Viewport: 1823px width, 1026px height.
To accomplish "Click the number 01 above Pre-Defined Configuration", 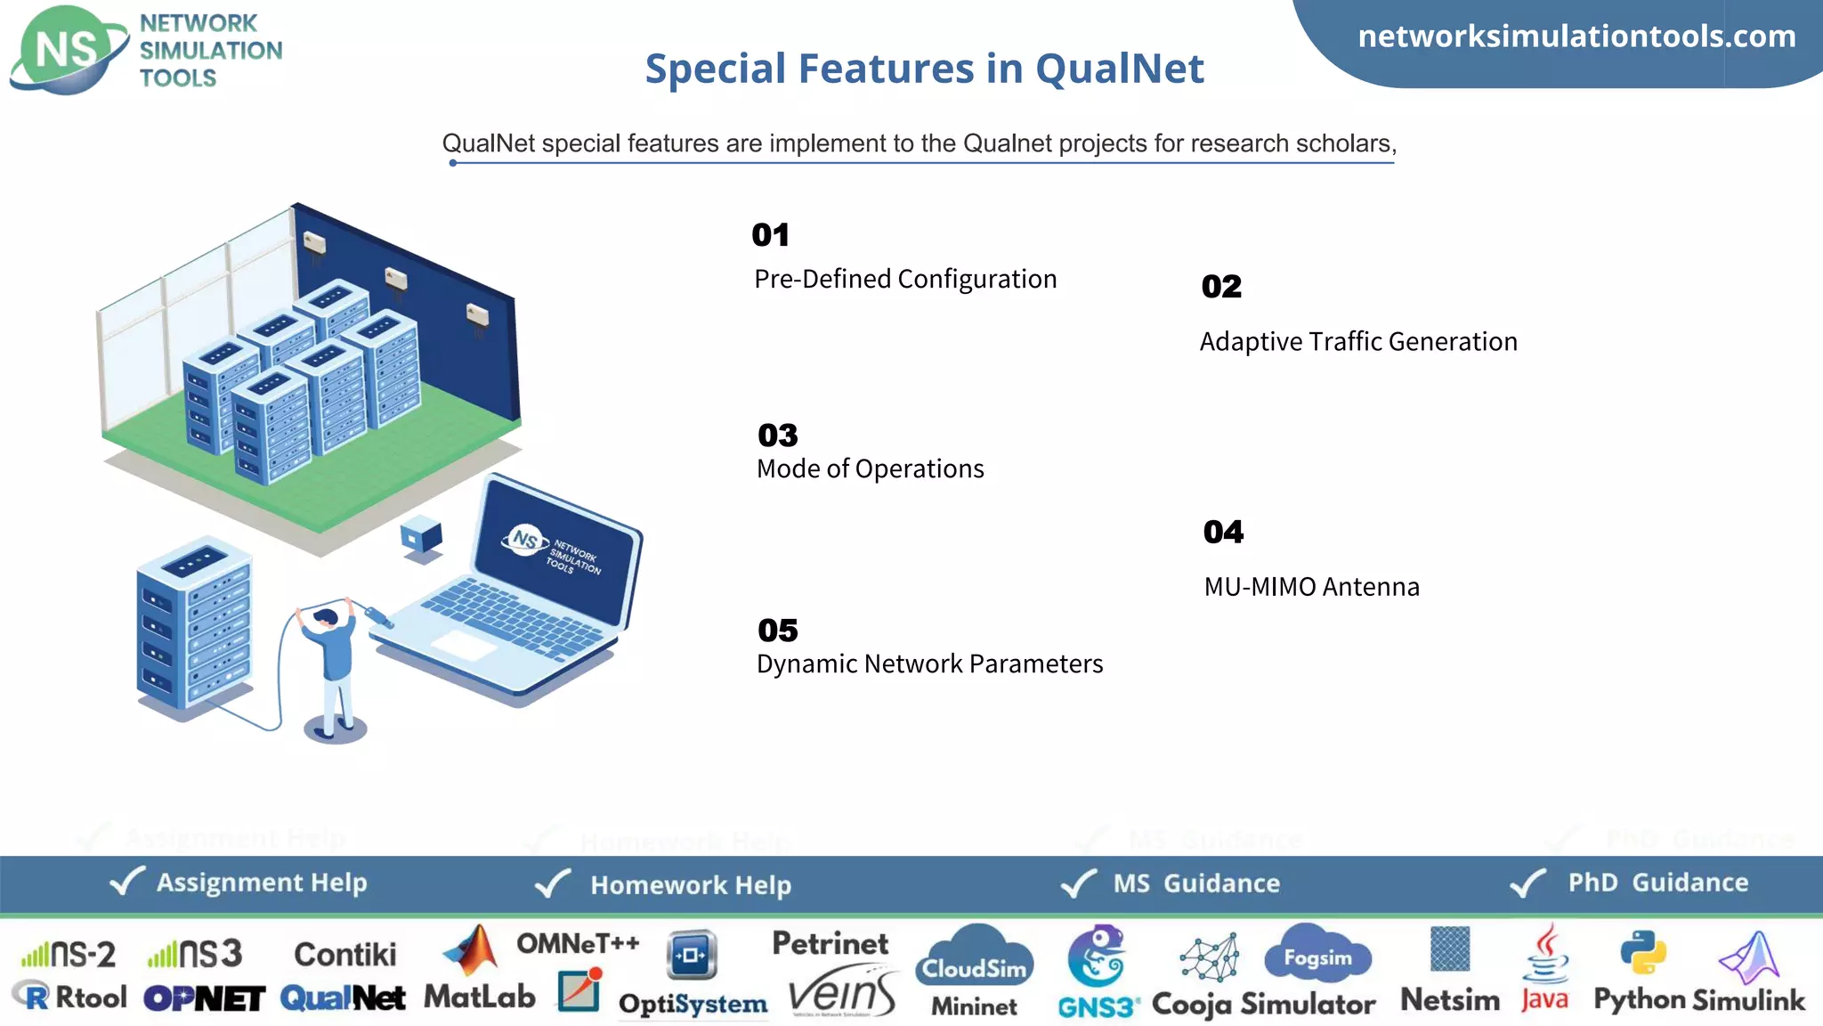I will pyautogui.click(x=770, y=235).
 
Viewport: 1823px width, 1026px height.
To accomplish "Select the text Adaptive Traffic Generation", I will pyautogui.click(x=1358, y=342).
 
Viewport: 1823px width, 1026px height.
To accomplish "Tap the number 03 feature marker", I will pyautogui.click(x=777, y=436).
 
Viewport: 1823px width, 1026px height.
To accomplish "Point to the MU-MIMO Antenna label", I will pyautogui.click(x=1311, y=587).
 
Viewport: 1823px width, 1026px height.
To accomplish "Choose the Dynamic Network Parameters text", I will pyautogui.click(x=929, y=664).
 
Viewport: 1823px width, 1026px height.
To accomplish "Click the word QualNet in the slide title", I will pyautogui.click(x=1119, y=69).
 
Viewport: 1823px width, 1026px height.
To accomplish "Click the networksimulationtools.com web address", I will pyautogui.click(x=1576, y=37).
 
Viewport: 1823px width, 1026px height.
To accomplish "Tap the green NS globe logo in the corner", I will pyautogui.click(x=67, y=50).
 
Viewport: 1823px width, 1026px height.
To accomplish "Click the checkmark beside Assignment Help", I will pyautogui.click(x=126, y=882).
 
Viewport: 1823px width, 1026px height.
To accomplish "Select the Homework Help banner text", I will pyautogui.click(x=691, y=885).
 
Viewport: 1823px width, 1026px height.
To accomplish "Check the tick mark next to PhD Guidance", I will pyautogui.click(x=1528, y=883).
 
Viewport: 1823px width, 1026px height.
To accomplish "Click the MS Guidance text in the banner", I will pyautogui.click(x=1196, y=883).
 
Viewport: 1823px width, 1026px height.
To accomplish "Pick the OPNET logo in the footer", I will pyautogui.click(x=204, y=998).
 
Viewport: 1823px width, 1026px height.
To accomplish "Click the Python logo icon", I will pyautogui.click(x=1642, y=952).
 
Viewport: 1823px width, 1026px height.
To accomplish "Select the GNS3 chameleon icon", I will pyautogui.click(x=1098, y=957).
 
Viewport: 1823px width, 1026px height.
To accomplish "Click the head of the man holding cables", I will pyautogui.click(x=327, y=617).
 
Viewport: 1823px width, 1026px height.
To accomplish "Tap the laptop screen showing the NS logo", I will pyautogui.click(x=556, y=552).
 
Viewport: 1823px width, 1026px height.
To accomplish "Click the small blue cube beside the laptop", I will pyautogui.click(x=421, y=535).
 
